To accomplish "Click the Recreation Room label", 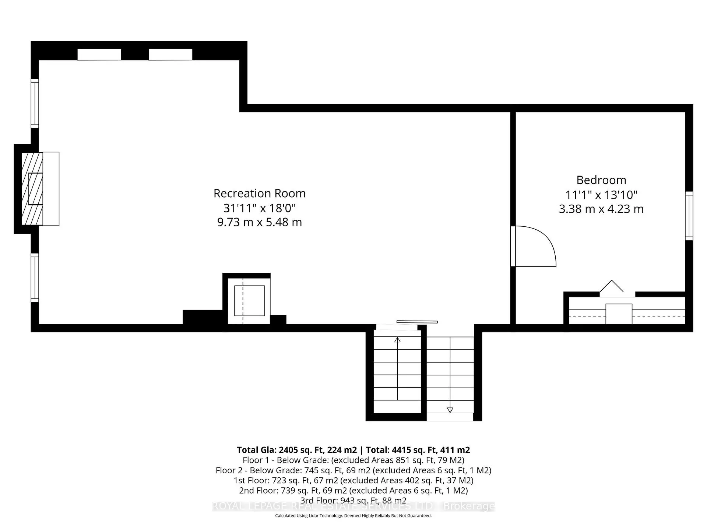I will coord(259,193).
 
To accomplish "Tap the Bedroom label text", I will coord(601,180).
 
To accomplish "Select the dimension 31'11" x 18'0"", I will coord(259,208).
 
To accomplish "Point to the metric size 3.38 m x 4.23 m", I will coord(601,209).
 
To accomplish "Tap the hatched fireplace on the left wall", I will coord(32,189).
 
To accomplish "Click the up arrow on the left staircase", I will coord(397,340).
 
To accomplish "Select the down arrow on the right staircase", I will coord(450,410).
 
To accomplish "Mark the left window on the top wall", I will coord(99,54).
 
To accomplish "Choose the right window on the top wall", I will coord(170,54).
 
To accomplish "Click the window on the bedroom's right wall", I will coord(689,216).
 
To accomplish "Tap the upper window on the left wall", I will coord(35,103).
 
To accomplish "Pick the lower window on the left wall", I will coord(35,278).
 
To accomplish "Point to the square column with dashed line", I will coord(249,300).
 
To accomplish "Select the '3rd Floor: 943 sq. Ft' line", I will coord(353,501).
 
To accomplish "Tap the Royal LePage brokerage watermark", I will coord(353,506).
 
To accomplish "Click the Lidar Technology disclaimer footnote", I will coord(353,516).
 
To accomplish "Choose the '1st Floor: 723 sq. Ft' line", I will coord(353,480).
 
